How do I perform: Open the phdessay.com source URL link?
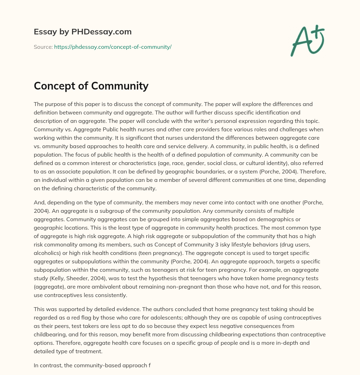(112, 47)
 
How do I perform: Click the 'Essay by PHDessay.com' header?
(83, 32)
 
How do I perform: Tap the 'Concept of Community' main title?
(91, 86)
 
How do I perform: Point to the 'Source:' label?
(43, 47)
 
